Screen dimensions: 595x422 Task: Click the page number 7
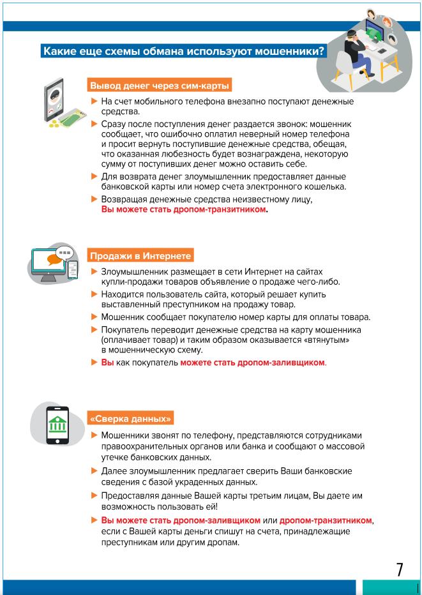(x=400, y=569)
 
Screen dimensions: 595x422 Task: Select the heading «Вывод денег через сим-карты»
(x=160, y=86)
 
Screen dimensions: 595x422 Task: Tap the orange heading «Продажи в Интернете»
(x=140, y=256)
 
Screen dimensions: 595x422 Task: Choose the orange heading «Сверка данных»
(x=131, y=419)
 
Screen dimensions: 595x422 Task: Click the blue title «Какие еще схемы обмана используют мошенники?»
(x=183, y=51)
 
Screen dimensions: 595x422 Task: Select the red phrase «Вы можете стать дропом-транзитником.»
(x=184, y=209)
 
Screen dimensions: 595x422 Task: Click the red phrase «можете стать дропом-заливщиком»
(x=252, y=363)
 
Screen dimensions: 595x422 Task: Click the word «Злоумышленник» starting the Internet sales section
(x=132, y=272)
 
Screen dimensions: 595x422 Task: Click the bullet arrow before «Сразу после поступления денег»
(x=94, y=123)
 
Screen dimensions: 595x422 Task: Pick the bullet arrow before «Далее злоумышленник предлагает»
(x=94, y=471)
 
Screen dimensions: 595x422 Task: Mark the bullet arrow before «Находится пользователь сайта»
(x=94, y=294)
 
